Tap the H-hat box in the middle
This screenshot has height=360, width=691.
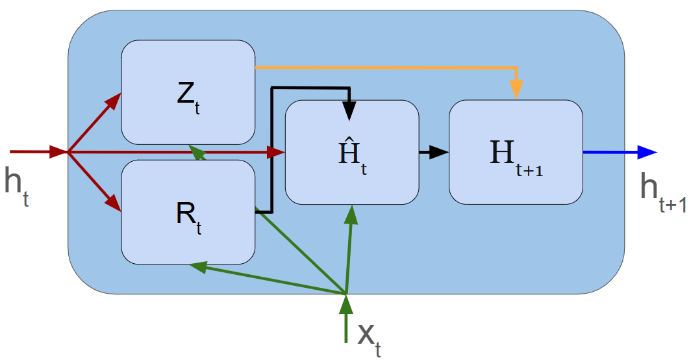click(352, 151)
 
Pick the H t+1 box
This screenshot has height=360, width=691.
click(516, 151)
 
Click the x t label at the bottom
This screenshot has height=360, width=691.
click(368, 338)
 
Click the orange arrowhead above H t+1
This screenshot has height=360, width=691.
click(516, 90)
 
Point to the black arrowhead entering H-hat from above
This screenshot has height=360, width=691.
click(350, 110)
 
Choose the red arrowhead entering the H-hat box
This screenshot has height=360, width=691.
click(278, 152)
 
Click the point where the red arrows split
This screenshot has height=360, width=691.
click(69, 153)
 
